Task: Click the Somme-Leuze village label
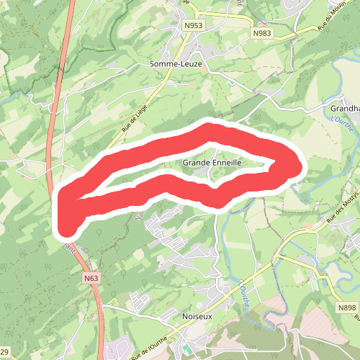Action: tap(177, 63)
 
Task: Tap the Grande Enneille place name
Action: tap(211, 163)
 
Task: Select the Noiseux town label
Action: tap(195, 316)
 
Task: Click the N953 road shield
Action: tap(192, 25)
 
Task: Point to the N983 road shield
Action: tap(262, 33)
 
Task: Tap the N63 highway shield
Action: tap(91, 278)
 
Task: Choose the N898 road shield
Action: tap(347, 307)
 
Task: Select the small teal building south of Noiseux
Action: tap(188, 349)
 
